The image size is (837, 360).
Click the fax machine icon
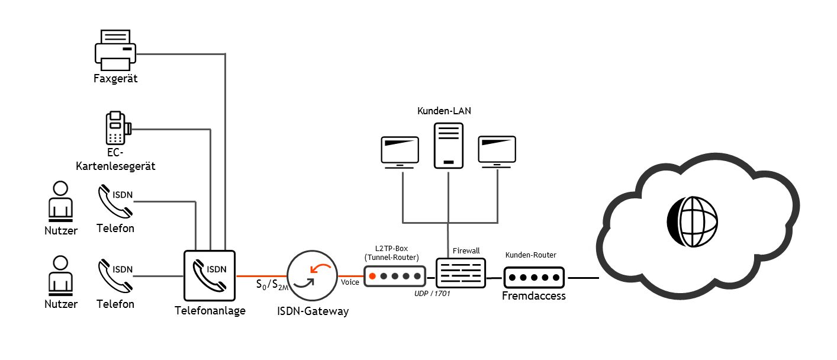(x=115, y=50)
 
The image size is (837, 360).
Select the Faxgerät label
(x=115, y=78)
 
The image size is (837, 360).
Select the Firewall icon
(x=461, y=274)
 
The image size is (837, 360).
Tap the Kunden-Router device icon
(x=534, y=277)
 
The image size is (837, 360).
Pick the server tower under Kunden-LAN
(x=448, y=146)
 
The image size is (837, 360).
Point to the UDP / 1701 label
(x=432, y=293)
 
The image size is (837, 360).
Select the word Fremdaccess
(x=534, y=295)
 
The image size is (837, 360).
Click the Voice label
(x=350, y=282)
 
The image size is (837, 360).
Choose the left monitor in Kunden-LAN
(x=399, y=152)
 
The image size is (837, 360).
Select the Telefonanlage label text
(x=210, y=310)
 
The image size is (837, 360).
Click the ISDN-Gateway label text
(x=313, y=311)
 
